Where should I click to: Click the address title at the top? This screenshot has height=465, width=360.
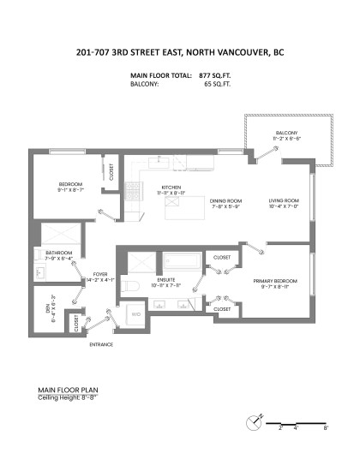(180, 52)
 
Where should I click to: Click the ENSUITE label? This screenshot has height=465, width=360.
(169, 280)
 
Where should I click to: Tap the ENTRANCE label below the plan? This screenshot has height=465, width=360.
(101, 344)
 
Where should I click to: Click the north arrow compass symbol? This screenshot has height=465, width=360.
(253, 421)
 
